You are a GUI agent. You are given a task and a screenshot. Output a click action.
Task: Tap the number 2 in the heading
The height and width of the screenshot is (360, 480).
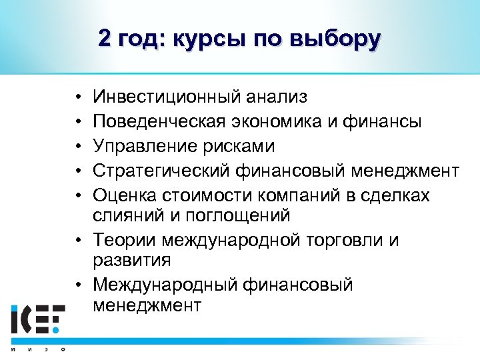click(x=105, y=39)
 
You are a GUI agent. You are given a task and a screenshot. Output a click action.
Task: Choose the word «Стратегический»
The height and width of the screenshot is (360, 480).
click(x=163, y=171)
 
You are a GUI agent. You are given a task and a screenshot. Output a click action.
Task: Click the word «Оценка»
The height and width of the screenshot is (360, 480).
click(x=124, y=195)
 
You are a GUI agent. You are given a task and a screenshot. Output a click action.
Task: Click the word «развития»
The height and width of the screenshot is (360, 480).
click(x=132, y=260)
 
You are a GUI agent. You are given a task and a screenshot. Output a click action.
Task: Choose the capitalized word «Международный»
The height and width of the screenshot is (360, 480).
click(x=167, y=285)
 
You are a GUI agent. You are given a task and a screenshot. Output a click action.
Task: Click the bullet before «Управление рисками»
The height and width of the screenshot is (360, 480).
click(x=79, y=147)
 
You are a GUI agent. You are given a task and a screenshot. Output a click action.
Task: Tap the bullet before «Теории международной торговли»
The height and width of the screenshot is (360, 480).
click(x=79, y=241)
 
